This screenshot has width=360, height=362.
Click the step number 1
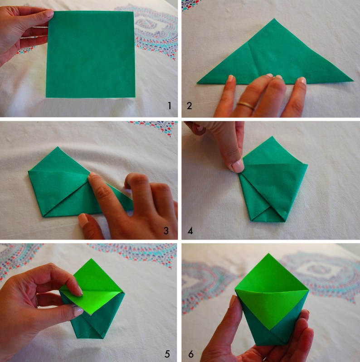click(170, 106)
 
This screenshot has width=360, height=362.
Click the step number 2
click(189, 106)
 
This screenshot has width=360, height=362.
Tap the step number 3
click(166, 231)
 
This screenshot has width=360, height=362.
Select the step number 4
click(190, 231)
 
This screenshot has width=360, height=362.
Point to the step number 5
click(167, 354)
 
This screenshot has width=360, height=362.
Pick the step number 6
click(191, 354)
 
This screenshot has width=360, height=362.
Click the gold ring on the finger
click(246, 105)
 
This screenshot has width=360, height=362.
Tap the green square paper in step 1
click(90, 54)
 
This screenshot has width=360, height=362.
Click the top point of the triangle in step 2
click(274, 19)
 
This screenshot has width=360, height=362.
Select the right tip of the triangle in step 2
click(353, 80)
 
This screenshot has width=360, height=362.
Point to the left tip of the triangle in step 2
click(197, 82)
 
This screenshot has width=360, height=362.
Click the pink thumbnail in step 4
click(238, 166)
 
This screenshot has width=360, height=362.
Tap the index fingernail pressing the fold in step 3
click(92, 174)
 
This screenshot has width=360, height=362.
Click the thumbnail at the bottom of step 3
click(83, 219)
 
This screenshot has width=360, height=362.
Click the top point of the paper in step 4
click(272, 136)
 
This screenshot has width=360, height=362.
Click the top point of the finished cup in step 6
click(268, 254)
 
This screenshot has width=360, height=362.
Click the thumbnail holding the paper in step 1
click(49, 14)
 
